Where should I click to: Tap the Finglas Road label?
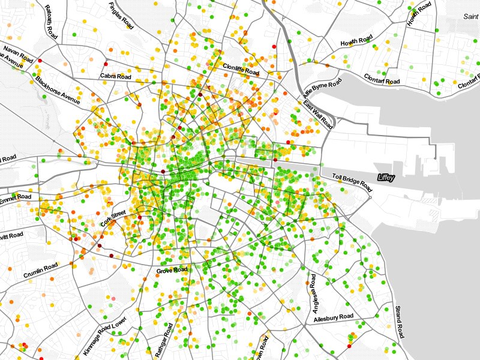121,16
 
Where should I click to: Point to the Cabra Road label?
116,77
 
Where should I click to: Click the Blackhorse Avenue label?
57,90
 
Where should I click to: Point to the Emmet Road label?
15,198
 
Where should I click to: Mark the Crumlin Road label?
41,271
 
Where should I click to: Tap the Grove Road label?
172,271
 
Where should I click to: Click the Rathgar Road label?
164,340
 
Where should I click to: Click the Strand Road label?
400,322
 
